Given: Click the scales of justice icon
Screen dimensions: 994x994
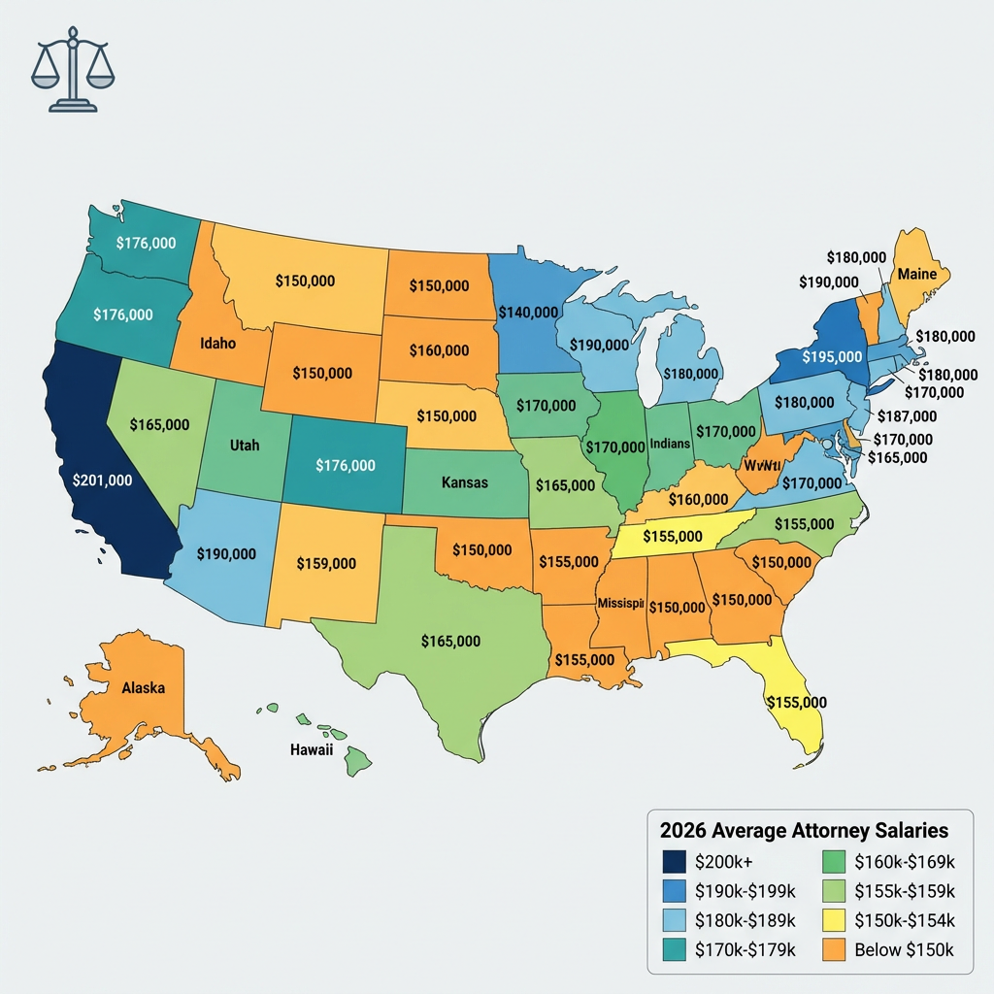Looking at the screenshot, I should [73, 76].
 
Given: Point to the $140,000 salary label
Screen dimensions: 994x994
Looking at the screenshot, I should [528, 313].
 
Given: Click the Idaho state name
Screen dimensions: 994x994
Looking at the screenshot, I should [218, 343].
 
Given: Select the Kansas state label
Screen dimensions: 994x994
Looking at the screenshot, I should [465, 482].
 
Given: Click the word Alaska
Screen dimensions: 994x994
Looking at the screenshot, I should [143, 687].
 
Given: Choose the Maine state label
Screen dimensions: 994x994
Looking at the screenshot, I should [916, 274].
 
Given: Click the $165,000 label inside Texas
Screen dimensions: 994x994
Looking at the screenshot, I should [450, 641].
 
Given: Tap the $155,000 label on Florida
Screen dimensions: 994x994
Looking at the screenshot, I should [796, 702].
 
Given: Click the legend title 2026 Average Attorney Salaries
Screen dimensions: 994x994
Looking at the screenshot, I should [804, 831].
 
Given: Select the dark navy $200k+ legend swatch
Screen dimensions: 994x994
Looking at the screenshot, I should [674, 861].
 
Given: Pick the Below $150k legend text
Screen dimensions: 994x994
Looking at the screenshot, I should [905, 950].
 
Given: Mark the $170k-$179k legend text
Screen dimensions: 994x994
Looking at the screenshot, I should [745, 950].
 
